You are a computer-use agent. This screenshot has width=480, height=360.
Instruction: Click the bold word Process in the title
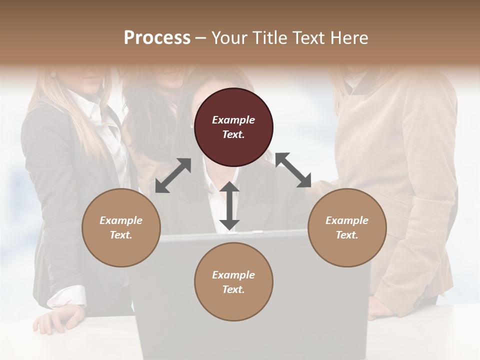pyautogui.click(x=157, y=38)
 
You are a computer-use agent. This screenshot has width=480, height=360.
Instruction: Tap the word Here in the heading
pyautogui.click(x=349, y=38)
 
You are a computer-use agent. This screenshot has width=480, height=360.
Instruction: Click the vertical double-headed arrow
pyautogui.click(x=229, y=206)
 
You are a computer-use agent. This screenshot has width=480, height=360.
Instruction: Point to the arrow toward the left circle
pyautogui.click(x=173, y=175)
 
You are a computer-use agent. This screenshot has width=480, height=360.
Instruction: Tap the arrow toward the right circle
pyautogui.click(x=293, y=170)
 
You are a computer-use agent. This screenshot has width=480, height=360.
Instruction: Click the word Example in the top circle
pyautogui.click(x=233, y=120)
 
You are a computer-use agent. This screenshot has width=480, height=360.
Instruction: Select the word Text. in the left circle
pyautogui.click(x=121, y=235)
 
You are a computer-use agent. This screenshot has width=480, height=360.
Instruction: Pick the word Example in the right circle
pyautogui.click(x=347, y=220)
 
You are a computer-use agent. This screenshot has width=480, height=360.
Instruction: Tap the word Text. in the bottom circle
pyautogui.click(x=233, y=289)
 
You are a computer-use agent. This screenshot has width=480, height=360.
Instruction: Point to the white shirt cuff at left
pyautogui.click(x=67, y=296)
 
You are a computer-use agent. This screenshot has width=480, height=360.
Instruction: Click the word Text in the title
pyautogui.click(x=304, y=38)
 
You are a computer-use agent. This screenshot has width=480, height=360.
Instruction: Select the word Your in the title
pyautogui.click(x=228, y=38)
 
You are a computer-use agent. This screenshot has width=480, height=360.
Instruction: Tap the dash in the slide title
pyautogui.click(x=201, y=38)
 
